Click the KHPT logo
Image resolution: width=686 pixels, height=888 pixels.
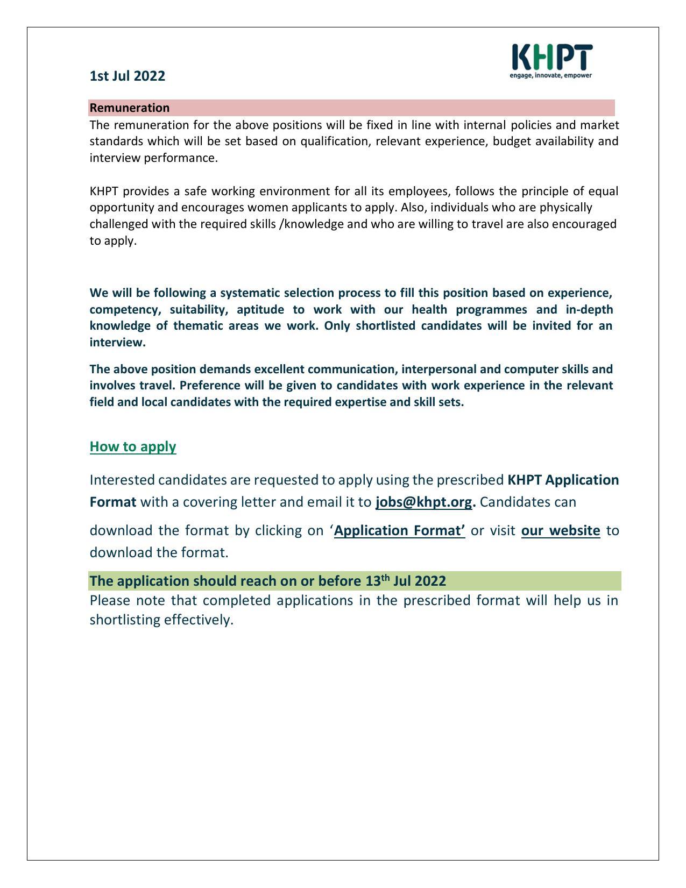click(551, 57)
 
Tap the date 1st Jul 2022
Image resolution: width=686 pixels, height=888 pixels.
click(127, 76)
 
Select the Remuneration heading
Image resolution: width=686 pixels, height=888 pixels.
click(130, 108)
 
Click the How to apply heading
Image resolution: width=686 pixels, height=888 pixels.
click(133, 446)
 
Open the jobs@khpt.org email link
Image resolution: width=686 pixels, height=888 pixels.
click(424, 502)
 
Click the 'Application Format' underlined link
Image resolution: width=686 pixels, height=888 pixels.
click(399, 530)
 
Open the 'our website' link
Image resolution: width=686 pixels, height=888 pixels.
click(560, 530)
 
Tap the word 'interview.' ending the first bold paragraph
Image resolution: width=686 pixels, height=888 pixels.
click(117, 343)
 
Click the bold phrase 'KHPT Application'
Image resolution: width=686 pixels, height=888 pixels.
click(563, 479)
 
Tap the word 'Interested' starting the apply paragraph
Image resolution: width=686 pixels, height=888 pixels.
click(122, 479)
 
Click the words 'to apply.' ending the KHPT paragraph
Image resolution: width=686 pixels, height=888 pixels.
click(113, 240)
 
